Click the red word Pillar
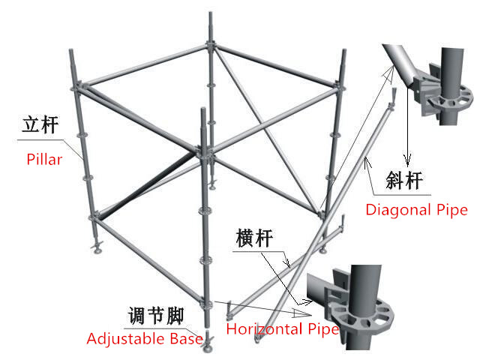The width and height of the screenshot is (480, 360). (44, 159)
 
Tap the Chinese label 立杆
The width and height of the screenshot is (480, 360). (40, 124)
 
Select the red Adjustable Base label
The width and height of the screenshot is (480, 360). (145, 339)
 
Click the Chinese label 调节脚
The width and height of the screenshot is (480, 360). (156, 316)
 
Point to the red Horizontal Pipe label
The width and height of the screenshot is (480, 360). (283, 329)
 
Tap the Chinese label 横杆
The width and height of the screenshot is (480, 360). (254, 238)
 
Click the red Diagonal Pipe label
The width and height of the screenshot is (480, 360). (417, 210)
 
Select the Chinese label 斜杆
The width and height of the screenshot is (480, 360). (404, 180)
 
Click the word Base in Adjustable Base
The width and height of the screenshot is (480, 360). (186, 338)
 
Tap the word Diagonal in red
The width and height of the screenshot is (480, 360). (398, 210)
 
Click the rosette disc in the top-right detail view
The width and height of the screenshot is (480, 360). (451, 100)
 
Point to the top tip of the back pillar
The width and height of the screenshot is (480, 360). (211, 13)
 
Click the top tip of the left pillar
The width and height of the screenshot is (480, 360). (70, 50)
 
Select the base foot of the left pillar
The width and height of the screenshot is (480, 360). (97, 247)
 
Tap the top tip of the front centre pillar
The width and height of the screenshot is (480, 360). (202, 108)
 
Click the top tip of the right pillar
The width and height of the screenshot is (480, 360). (344, 50)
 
